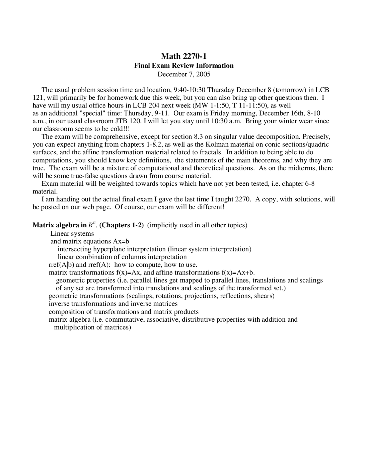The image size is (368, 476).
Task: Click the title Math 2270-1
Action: (184, 56)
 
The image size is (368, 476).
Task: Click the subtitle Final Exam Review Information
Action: (184, 66)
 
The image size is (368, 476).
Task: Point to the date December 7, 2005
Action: (184, 74)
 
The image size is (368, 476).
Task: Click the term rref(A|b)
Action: (62, 265)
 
